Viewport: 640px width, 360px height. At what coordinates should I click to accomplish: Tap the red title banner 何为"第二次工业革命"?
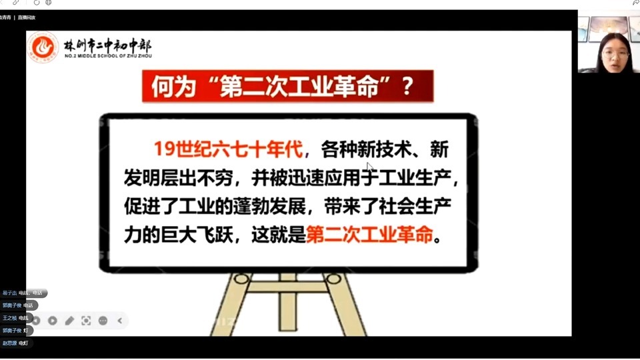click(287, 87)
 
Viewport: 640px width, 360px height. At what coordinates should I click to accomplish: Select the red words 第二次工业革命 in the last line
click(369, 235)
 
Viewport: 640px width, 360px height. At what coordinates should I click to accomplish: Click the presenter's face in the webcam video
click(613, 51)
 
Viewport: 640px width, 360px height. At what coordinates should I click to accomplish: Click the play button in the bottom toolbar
click(53, 321)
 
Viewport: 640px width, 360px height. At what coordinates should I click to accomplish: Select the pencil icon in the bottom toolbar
click(69, 321)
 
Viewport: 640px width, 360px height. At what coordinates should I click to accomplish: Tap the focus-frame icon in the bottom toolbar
click(86, 321)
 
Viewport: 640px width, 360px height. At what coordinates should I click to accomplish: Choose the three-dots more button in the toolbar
click(103, 321)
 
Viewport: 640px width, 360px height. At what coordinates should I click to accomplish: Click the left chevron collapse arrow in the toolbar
click(120, 321)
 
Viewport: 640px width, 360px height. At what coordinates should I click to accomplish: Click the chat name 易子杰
click(9, 293)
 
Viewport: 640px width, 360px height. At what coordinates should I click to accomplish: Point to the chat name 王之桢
click(9, 318)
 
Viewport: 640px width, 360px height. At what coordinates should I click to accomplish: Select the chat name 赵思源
click(9, 343)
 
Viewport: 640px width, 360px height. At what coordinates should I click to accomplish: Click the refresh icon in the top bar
click(37, 3)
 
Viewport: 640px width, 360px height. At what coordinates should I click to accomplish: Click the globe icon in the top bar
click(48, 3)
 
